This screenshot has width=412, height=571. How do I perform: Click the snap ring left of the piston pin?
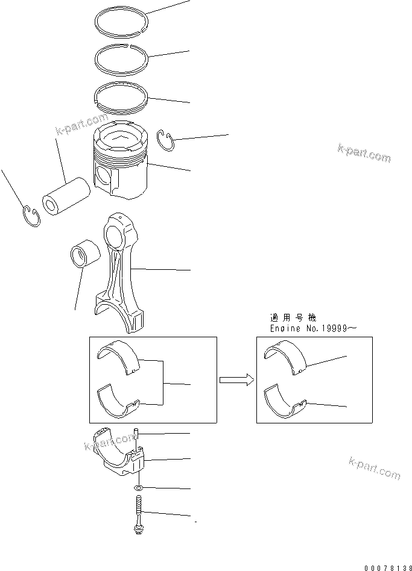[31, 215]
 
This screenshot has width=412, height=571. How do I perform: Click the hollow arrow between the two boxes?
[236, 379]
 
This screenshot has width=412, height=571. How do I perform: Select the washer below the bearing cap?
[139, 487]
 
